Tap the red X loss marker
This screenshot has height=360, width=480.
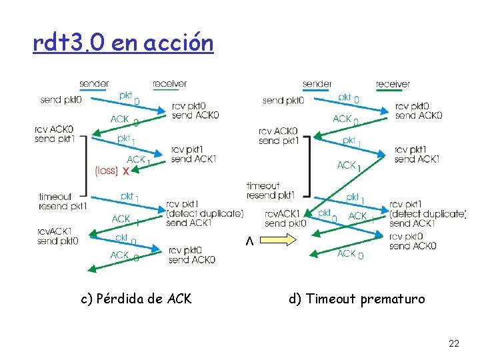pos(125,171)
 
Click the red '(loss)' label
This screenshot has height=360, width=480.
pos(106,171)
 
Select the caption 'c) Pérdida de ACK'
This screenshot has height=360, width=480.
pos(136,299)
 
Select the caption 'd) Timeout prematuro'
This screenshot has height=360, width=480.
pos(357,299)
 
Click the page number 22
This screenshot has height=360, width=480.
pos(454,343)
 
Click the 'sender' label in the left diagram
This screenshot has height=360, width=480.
pos(94,84)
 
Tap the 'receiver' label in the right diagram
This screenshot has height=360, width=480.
pos(393,84)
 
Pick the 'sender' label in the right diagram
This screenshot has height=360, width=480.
pos(317,84)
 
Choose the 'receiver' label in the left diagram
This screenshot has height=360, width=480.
pos(170,84)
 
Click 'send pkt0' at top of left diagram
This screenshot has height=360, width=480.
pos(61,100)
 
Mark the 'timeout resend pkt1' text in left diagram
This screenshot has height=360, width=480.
pos(63,201)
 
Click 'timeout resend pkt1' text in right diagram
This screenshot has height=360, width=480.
pos(270,190)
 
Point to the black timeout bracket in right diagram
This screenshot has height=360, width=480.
pos(308,167)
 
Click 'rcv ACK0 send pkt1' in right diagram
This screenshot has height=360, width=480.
pos(278,135)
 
